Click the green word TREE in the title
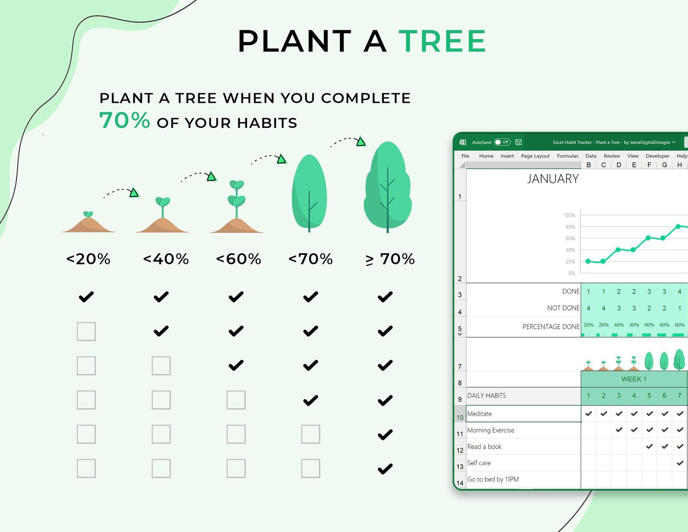[x=442, y=41]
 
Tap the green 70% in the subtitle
[x=124, y=121]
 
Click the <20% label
[x=88, y=259]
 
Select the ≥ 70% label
[x=390, y=259]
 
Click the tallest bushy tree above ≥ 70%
[x=388, y=187]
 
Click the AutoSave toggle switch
[x=502, y=142]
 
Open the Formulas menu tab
[x=568, y=156]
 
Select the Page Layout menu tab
[x=535, y=156]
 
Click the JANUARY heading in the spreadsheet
[x=553, y=179]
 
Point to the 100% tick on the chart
[x=569, y=215]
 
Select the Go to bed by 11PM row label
[x=493, y=479]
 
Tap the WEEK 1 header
[x=633, y=379]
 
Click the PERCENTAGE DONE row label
[x=551, y=326]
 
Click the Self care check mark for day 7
[x=680, y=463]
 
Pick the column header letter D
[x=619, y=165]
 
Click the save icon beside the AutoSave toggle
[x=518, y=142]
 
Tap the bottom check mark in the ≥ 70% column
[x=385, y=469]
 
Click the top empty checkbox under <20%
[x=86, y=331]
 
